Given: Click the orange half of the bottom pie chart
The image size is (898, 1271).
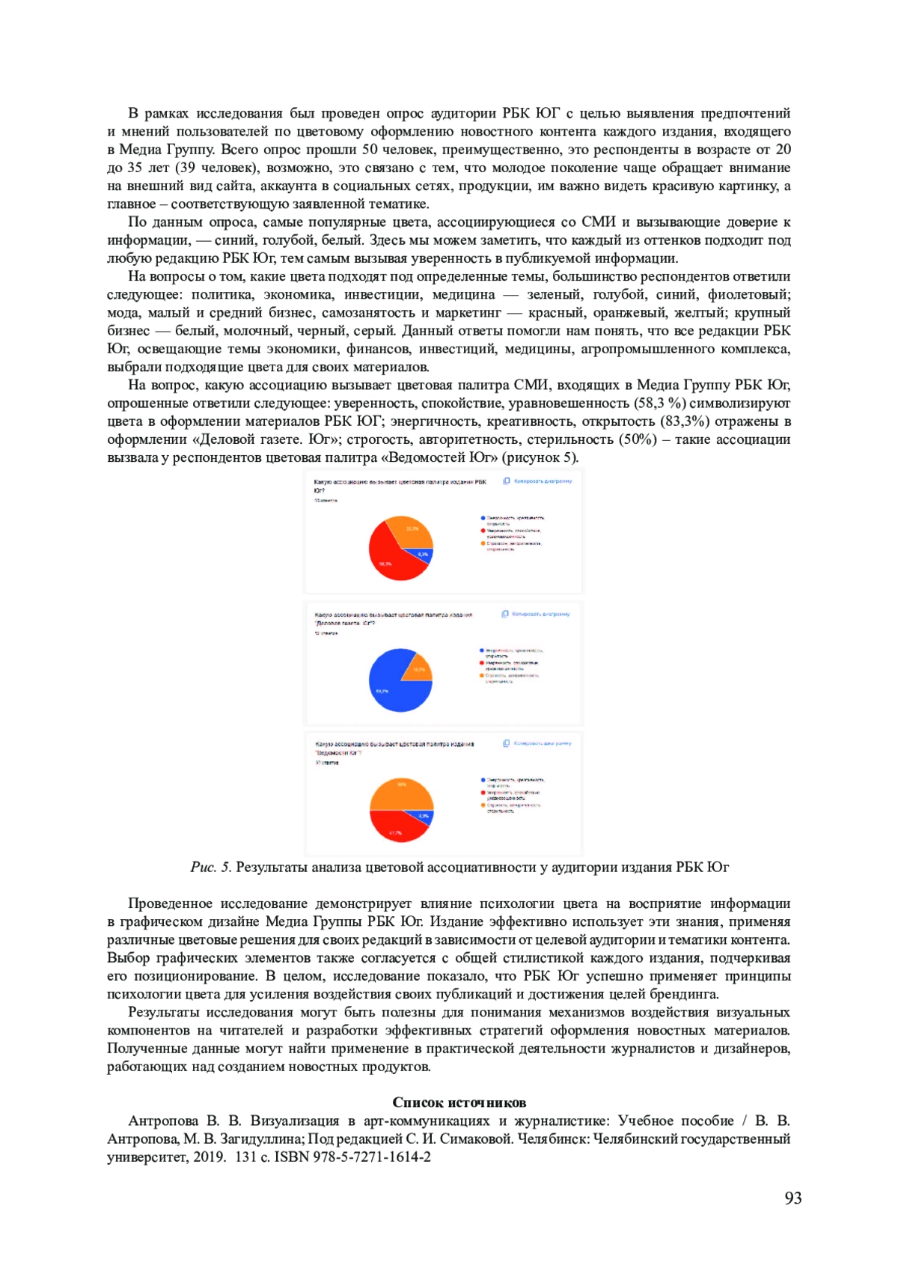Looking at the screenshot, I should coord(402,793).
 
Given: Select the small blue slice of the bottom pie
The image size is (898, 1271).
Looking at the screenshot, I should coord(425,817).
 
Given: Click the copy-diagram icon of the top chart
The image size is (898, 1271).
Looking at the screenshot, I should coord(507,481).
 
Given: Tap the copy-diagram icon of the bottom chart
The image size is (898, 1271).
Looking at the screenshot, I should coord(507,743).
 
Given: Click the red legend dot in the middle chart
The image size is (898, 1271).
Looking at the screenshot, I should coord(483,662).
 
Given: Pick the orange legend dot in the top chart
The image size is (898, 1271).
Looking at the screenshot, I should coord(483,543).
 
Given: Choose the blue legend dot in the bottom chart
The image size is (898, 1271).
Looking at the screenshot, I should coord(483,780).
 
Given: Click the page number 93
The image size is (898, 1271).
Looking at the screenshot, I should coord(793,1198).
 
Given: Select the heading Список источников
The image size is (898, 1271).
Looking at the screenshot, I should coord(459,1102).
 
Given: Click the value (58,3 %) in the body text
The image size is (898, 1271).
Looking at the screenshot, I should coord(660,403).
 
